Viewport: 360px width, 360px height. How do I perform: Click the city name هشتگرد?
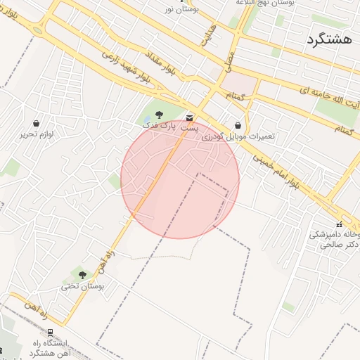(x=329, y=40)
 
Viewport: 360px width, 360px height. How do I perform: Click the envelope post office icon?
(x=190, y=117)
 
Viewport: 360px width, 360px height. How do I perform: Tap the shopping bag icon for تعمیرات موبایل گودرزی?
(x=238, y=125)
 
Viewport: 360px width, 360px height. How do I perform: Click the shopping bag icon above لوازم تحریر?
(x=37, y=123)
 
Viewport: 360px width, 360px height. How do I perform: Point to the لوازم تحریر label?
(x=37, y=134)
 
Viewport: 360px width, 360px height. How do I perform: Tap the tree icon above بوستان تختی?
(x=82, y=275)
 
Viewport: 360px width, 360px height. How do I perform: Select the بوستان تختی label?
(x=82, y=286)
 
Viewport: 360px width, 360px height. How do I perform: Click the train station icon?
(x=50, y=333)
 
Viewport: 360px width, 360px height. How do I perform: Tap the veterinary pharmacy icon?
(x=340, y=224)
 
